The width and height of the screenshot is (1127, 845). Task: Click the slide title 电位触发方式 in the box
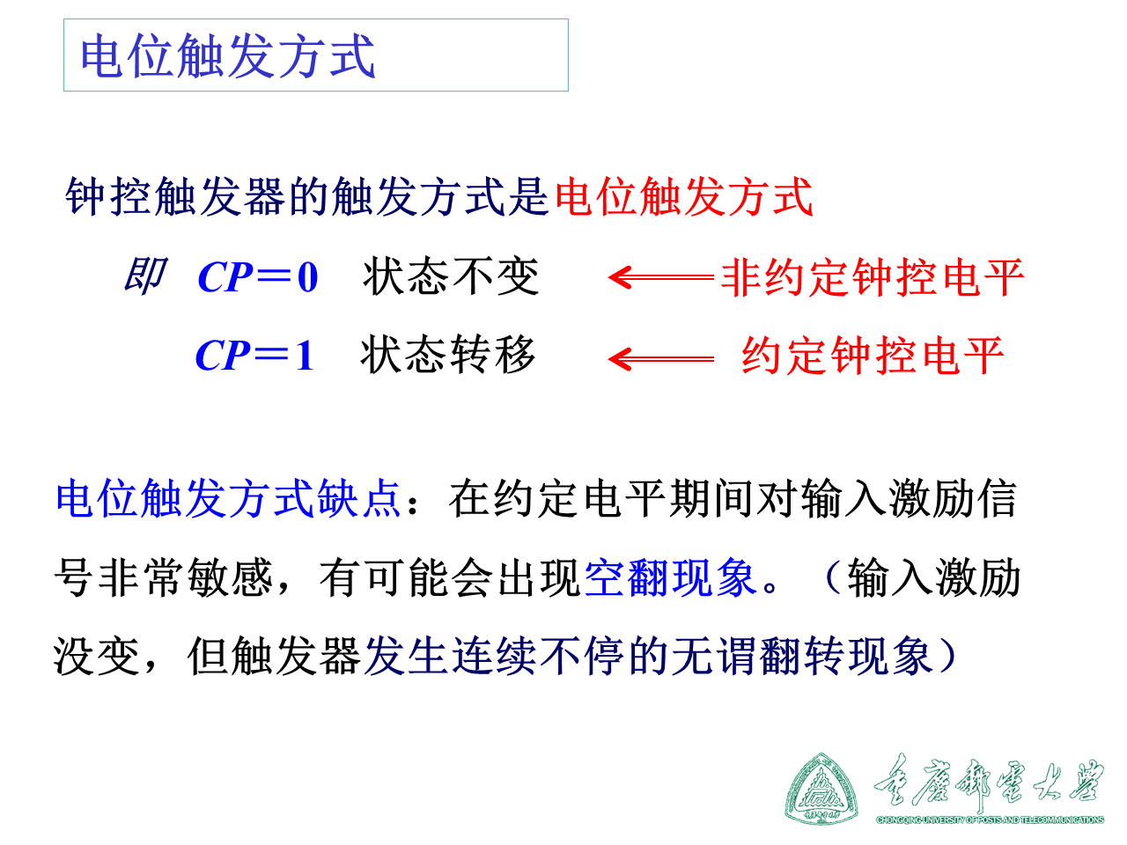(x=228, y=56)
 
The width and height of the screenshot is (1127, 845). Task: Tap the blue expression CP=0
(x=258, y=277)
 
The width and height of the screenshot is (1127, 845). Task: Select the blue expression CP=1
(x=254, y=356)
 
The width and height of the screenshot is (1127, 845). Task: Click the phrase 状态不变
(x=451, y=277)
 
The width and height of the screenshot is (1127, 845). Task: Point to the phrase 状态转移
(x=448, y=356)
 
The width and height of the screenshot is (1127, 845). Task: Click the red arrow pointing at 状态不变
(x=660, y=277)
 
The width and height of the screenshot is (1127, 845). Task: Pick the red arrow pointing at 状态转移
(x=660, y=358)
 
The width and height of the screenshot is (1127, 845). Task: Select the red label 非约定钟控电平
(x=873, y=278)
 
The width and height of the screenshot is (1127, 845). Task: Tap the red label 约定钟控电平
(x=873, y=356)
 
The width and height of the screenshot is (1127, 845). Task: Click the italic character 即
(x=144, y=276)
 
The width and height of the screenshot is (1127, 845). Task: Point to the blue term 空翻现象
(x=670, y=578)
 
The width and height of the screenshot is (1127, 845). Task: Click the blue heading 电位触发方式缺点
(x=228, y=499)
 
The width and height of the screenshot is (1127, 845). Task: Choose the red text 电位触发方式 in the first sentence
(x=683, y=196)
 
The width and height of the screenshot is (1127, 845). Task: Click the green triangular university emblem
(x=821, y=789)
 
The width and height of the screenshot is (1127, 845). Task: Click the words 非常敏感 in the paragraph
(x=186, y=578)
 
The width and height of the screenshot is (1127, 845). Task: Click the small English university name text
(x=990, y=819)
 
